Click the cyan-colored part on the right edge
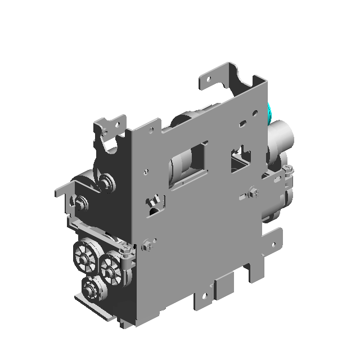[x=270, y=112]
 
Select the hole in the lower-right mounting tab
[x=274, y=245]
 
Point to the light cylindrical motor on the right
[x=280, y=138]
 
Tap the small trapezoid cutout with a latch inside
[x=153, y=203]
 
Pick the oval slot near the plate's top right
[x=242, y=122]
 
